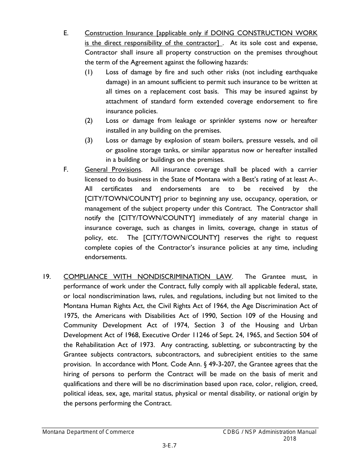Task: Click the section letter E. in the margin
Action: pyautogui.click(x=66, y=33)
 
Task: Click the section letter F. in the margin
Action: pyautogui.click(x=66, y=169)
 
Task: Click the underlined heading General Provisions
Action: pyautogui.click(x=113, y=169)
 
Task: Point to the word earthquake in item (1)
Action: pyautogui.click(x=300, y=72)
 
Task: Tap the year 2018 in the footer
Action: pyautogui.click(x=290, y=439)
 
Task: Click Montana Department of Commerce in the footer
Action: pyautogui.click(x=88, y=432)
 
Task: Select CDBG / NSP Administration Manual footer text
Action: pyautogui.click(x=269, y=432)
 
